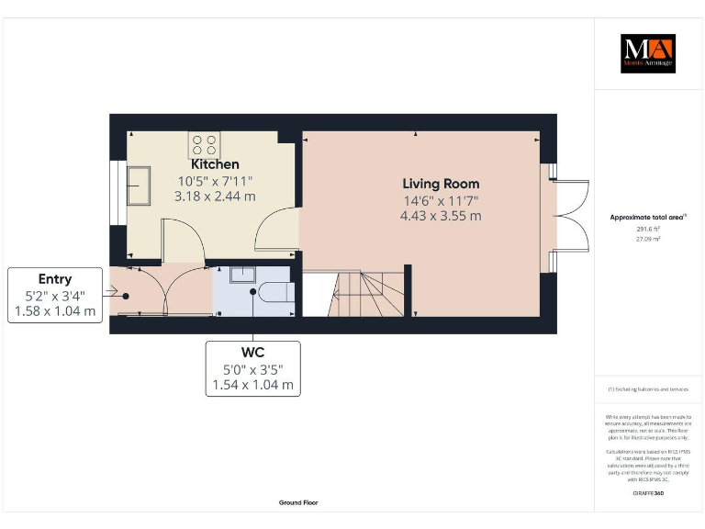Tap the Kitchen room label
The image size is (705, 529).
(x=214, y=163)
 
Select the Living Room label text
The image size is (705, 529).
(x=440, y=184)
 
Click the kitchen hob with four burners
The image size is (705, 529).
(x=206, y=144)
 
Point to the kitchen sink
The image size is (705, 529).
(x=140, y=186)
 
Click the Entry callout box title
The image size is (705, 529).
(x=55, y=279)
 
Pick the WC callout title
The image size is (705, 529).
(x=252, y=353)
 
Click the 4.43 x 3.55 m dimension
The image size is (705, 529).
(x=441, y=217)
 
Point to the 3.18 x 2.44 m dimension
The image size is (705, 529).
(x=215, y=196)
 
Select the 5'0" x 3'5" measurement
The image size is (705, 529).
(x=252, y=369)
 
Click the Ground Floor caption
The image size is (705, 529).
(x=298, y=502)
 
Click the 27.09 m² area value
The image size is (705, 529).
(x=648, y=238)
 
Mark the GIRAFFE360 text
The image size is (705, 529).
(x=648, y=493)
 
